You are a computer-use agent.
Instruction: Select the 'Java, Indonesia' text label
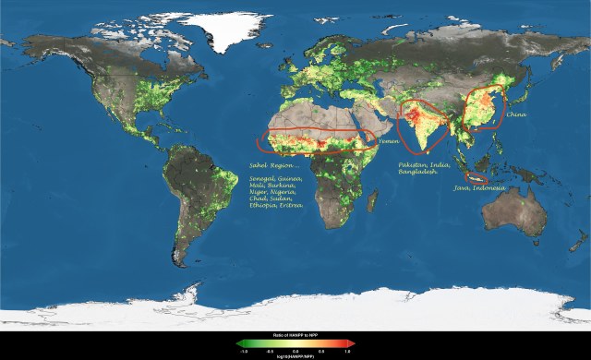(478, 188)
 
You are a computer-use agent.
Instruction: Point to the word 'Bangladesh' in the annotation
(419, 173)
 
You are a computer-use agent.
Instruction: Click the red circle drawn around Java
(476, 177)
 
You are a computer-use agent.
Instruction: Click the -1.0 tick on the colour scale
(241, 350)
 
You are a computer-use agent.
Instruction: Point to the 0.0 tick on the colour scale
(295, 350)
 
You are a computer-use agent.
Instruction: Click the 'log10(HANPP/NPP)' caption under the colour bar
(295, 355)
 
